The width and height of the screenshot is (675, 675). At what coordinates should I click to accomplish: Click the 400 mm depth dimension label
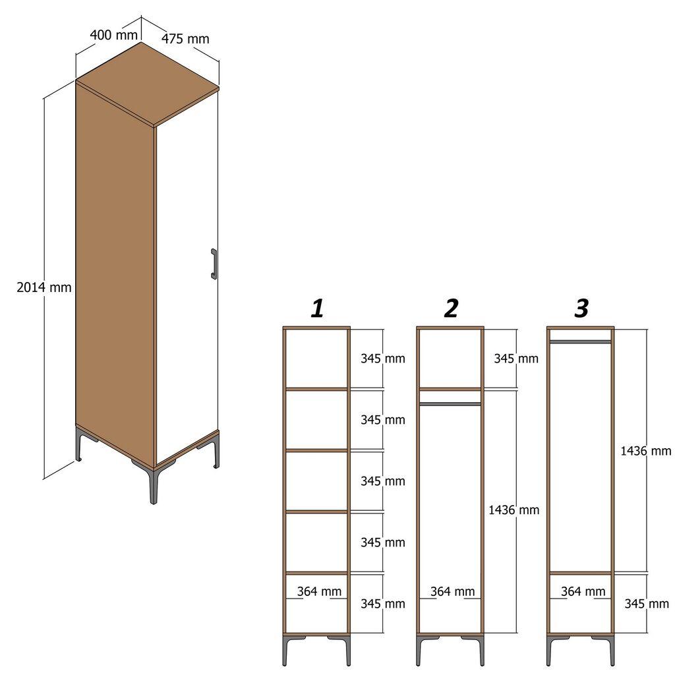109,34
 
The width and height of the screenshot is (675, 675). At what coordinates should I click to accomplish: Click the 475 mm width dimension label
185,39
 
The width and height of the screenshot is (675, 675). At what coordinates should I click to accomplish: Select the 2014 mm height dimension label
44,287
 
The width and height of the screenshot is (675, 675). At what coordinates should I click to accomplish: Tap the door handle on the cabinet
214,264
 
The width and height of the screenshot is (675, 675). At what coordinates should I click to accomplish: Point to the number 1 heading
317,308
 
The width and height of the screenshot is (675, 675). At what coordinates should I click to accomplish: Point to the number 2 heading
451,308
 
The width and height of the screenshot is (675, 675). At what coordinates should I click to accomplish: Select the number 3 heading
581,308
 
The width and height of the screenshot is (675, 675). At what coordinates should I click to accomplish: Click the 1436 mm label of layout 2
514,510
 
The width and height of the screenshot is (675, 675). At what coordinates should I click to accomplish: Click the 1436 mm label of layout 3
645,451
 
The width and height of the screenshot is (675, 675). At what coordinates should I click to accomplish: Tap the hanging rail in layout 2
450,403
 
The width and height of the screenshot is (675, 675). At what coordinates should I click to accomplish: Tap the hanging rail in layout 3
581,341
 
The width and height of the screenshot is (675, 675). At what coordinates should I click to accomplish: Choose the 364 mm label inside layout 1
319,591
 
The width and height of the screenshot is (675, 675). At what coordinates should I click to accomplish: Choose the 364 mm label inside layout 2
452,591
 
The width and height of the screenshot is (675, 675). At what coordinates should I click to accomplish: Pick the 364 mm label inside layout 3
583,591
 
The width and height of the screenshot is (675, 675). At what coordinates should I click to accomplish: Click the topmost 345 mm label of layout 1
382,359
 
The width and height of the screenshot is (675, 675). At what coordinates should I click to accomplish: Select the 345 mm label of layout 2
515,359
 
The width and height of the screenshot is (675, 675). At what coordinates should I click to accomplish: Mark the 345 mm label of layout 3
646,603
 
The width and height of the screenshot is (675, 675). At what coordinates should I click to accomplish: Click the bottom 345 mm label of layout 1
382,603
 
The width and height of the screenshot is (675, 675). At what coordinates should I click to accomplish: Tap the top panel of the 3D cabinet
147,84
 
